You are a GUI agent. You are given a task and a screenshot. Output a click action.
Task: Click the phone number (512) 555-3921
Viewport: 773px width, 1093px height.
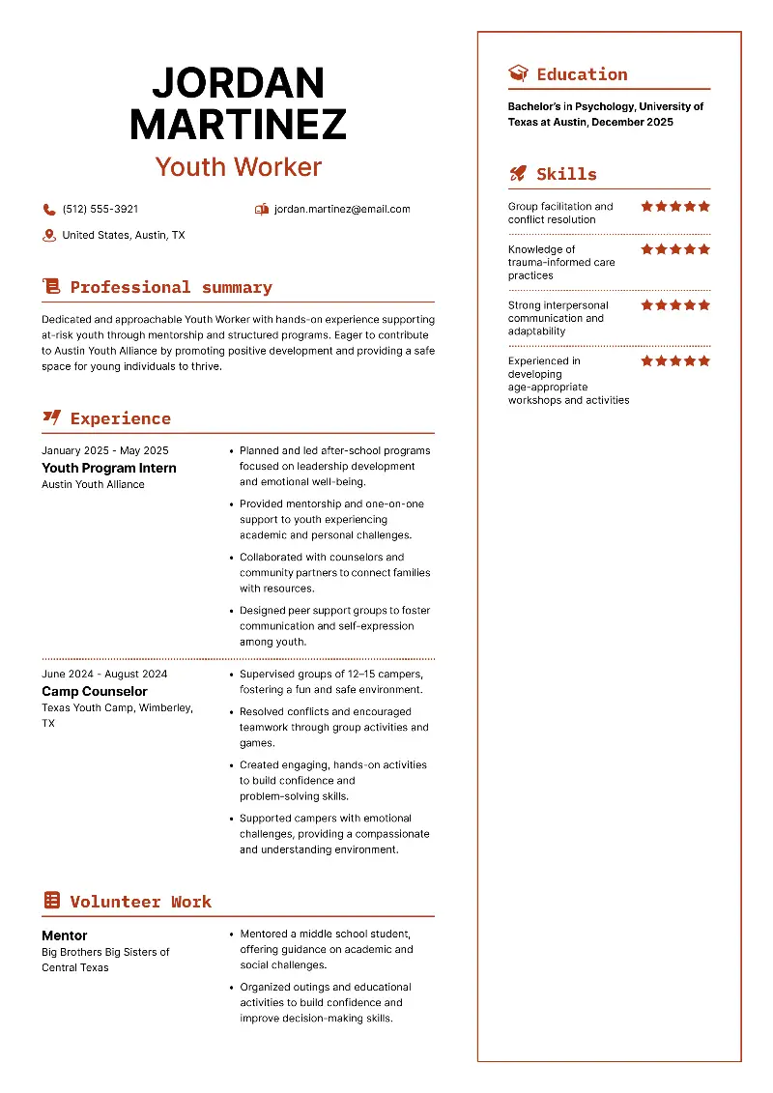100,209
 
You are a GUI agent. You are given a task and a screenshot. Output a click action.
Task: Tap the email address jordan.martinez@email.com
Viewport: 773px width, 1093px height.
342,209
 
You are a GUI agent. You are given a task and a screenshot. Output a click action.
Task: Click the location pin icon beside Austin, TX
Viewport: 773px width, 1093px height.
49,235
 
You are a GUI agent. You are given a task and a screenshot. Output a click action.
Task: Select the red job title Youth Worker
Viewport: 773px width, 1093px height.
239,166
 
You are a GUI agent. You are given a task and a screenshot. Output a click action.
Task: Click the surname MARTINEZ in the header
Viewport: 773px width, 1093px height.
239,125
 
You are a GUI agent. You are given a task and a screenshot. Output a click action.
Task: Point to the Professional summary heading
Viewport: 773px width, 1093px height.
171,287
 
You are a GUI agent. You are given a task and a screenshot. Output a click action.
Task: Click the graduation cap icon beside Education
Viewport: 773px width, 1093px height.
518,74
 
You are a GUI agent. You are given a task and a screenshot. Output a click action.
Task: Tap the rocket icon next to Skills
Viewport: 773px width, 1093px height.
518,174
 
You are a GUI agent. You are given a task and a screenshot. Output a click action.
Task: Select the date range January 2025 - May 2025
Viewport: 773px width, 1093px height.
105,450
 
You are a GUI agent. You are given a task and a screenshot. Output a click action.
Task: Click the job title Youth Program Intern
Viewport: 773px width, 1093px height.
109,468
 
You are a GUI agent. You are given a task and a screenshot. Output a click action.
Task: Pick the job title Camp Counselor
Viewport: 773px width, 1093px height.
95,691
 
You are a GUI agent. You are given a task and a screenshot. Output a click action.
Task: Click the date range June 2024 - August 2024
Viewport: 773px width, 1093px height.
104,674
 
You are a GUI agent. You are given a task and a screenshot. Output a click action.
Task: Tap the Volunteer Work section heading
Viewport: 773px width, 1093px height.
140,902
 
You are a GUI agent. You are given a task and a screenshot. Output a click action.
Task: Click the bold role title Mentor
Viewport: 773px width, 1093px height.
65,935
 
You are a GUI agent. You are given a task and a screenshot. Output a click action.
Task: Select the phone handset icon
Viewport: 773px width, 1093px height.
49,209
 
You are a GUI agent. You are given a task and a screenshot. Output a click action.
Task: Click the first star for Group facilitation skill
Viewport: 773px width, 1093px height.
647,206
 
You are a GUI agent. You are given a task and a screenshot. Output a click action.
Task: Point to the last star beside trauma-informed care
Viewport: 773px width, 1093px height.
704,249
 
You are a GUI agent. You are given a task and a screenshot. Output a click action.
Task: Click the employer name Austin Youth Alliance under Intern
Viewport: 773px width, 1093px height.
93,484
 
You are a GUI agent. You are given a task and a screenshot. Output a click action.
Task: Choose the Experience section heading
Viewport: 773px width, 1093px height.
120,418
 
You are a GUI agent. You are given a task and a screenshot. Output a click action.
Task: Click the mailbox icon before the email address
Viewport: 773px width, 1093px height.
262,209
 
